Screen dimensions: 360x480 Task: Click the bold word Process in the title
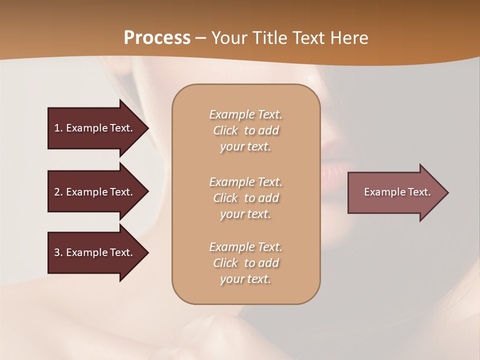(157, 38)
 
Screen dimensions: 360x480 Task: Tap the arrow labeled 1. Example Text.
(94, 128)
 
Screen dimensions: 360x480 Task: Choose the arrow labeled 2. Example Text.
(94, 192)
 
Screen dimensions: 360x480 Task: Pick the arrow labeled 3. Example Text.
(94, 252)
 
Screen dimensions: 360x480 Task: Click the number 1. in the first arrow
(58, 128)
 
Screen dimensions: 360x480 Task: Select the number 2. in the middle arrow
(58, 192)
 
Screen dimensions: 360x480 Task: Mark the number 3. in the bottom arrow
(58, 252)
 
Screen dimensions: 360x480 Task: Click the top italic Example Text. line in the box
(245, 114)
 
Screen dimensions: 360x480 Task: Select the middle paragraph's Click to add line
(245, 198)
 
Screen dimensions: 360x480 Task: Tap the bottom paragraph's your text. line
(245, 279)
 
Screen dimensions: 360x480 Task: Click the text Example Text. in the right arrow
(397, 192)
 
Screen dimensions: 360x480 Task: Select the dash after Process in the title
(200, 38)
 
